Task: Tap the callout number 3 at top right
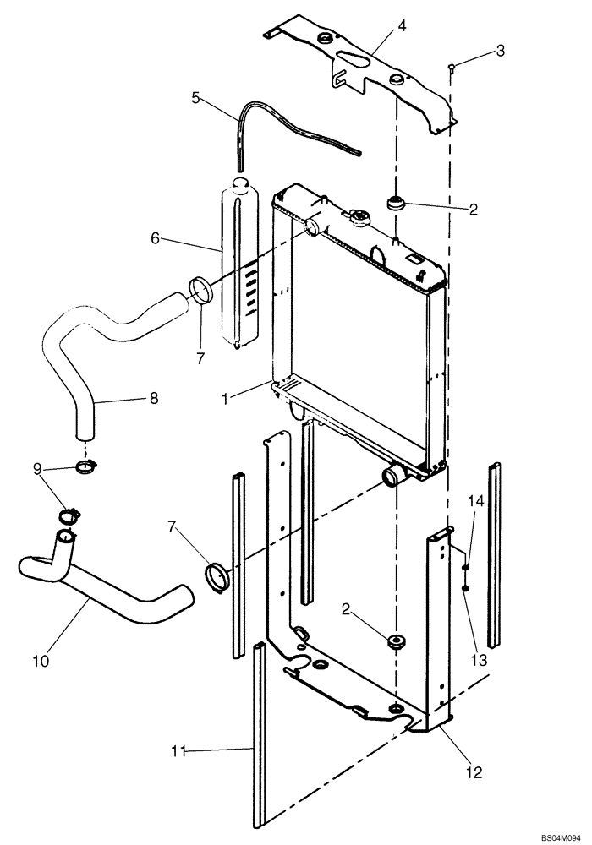point(500,52)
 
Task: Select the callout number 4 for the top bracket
point(403,26)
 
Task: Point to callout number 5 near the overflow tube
point(195,98)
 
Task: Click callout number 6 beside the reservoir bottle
point(156,239)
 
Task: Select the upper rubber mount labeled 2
point(396,203)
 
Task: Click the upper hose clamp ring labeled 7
point(200,291)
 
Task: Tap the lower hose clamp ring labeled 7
point(218,578)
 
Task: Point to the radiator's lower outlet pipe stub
point(393,477)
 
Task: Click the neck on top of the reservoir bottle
point(239,183)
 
